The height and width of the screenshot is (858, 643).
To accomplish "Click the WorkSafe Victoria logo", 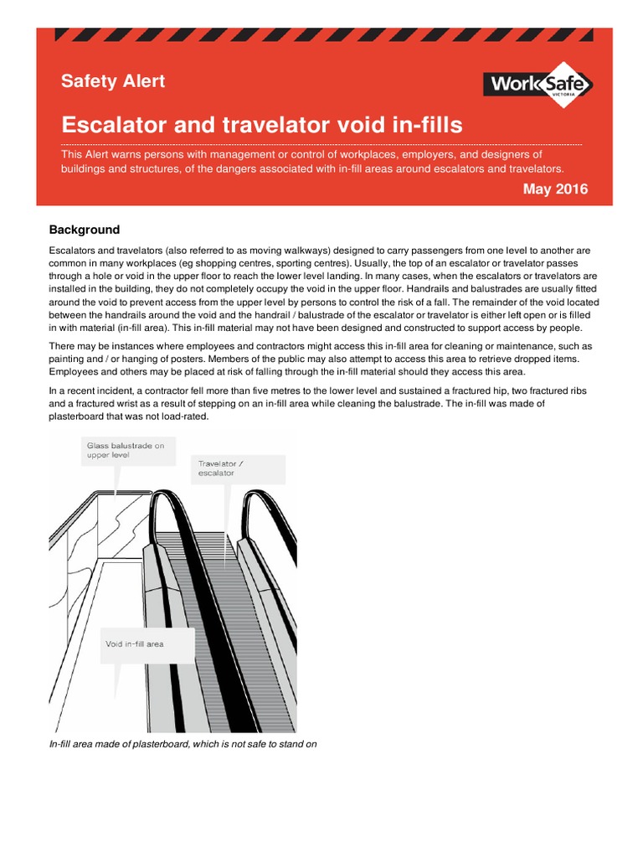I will pyautogui.click(x=538, y=84).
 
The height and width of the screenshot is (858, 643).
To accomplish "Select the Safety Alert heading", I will pyautogui.click(x=113, y=81).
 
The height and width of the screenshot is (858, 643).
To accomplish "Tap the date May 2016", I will pyautogui.click(x=555, y=189).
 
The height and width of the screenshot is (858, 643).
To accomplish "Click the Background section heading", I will pyautogui.click(x=85, y=230).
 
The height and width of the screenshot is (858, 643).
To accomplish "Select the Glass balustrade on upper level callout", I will pyautogui.click(x=126, y=452).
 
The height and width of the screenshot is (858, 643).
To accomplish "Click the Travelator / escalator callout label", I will pyautogui.click(x=223, y=468).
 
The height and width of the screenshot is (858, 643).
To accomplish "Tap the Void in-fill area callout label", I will pyautogui.click(x=135, y=644).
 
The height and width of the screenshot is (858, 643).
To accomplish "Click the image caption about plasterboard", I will pyautogui.click(x=183, y=743).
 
